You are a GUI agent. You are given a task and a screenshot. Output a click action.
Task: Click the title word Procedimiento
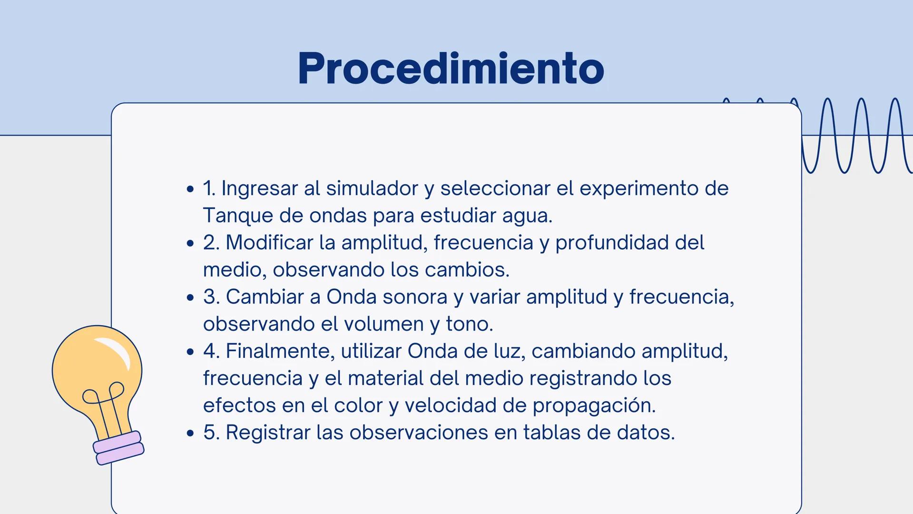click(x=451, y=69)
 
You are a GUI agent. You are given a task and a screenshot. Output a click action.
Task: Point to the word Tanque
click(x=238, y=216)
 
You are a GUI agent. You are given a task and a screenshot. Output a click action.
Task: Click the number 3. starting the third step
click(x=211, y=297)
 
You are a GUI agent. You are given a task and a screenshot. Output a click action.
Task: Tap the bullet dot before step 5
click(x=191, y=434)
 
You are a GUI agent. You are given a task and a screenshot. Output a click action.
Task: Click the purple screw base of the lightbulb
click(x=118, y=448)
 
